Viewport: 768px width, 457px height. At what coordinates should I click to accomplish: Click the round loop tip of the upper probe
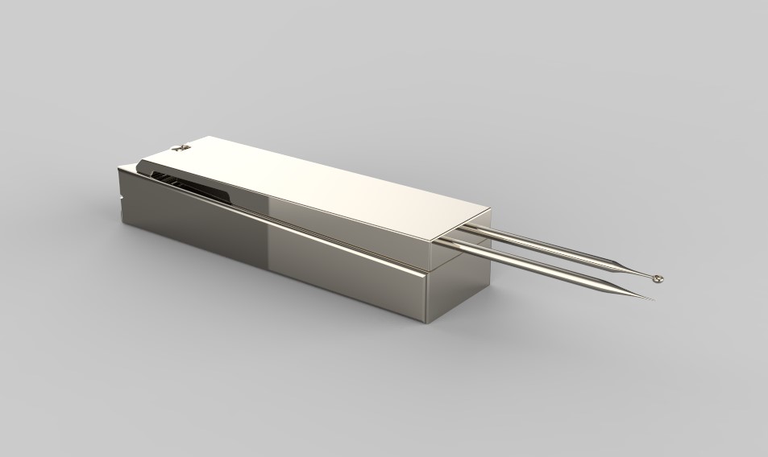coord(658,278)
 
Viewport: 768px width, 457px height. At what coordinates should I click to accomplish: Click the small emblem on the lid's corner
coord(178,148)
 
